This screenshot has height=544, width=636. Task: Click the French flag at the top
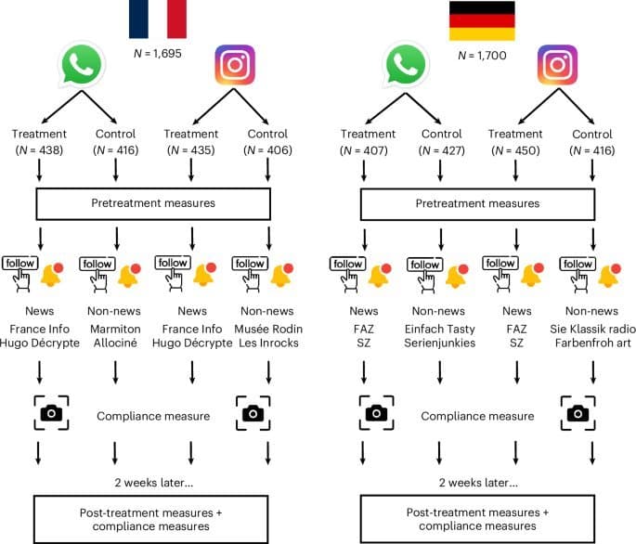[x=157, y=19]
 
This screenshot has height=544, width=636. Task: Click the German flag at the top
[x=482, y=20]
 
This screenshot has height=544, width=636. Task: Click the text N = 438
[x=38, y=151]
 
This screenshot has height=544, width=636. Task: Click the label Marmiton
[x=115, y=329]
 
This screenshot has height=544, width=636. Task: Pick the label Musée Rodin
[x=268, y=329]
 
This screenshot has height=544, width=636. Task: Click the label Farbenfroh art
[x=591, y=343]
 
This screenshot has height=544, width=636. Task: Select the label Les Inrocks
[x=268, y=343]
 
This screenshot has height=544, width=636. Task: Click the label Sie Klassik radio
[x=591, y=329]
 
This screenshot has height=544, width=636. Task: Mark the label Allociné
[x=115, y=343]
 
